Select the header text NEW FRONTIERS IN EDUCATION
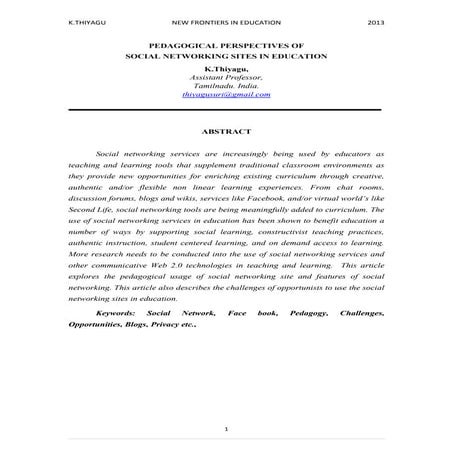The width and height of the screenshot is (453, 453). coord(226,21)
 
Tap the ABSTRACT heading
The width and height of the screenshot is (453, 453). coord(226,131)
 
